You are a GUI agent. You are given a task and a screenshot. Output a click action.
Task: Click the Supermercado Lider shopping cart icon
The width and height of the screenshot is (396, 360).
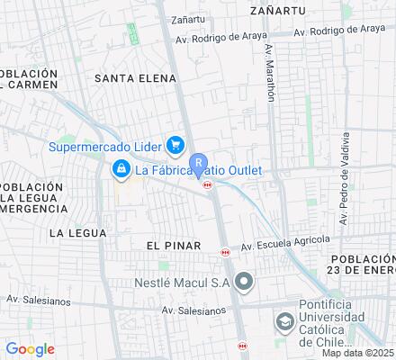[x=175, y=145]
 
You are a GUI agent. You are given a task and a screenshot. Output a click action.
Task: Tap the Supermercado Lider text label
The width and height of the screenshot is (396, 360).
[x=104, y=146]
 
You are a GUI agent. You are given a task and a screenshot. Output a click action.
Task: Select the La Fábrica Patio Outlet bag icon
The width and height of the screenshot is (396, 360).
[x=120, y=168]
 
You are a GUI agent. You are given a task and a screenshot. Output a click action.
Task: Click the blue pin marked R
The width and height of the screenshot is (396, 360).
[x=199, y=167]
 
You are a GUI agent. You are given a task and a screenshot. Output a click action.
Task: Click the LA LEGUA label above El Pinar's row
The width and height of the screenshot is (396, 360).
[x=77, y=232]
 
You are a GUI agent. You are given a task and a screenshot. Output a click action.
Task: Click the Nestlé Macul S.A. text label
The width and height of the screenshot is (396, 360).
[x=184, y=283]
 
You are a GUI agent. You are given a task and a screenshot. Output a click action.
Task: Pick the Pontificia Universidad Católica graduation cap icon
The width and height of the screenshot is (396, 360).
[x=284, y=322]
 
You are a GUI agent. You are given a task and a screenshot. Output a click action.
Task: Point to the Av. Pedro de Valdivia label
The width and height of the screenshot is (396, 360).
[x=343, y=179]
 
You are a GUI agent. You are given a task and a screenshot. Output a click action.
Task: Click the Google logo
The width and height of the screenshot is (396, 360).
[x=30, y=349]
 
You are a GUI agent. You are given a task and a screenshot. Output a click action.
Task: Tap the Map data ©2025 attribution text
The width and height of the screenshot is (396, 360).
[x=358, y=353]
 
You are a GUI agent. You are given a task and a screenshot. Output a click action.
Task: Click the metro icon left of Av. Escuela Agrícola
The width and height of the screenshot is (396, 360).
[x=225, y=253]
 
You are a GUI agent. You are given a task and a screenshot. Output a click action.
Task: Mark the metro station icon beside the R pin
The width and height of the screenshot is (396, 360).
[x=209, y=184]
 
